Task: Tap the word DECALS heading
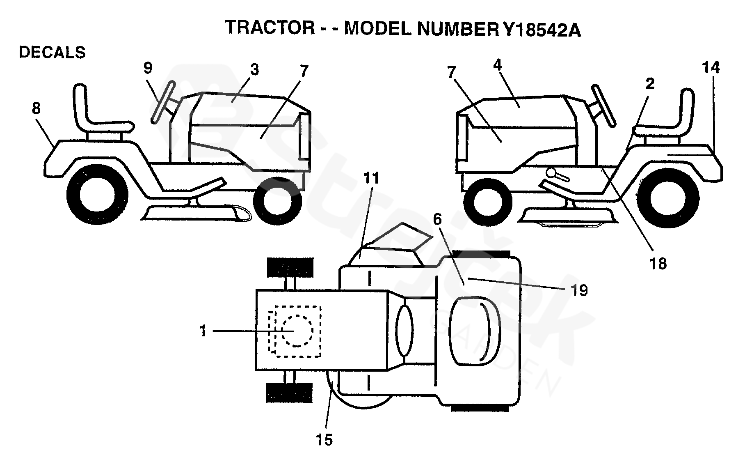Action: click(x=52, y=53)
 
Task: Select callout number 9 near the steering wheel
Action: click(x=148, y=68)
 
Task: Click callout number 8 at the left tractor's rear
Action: click(x=36, y=108)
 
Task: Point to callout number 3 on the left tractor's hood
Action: click(x=254, y=70)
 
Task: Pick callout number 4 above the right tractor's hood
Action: click(x=497, y=65)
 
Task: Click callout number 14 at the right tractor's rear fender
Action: click(x=711, y=68)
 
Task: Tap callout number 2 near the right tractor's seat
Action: click(x=649, y=84)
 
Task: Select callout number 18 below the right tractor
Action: click(x=658, y=264)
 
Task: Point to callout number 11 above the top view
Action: click(x=371, y=178)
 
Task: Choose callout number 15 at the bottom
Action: click(x=324, y=440)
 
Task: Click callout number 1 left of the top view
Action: click(x=203, y=331)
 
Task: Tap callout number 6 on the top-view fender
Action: click(x=437, y=220)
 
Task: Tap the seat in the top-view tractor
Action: click(x=475, y=331)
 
